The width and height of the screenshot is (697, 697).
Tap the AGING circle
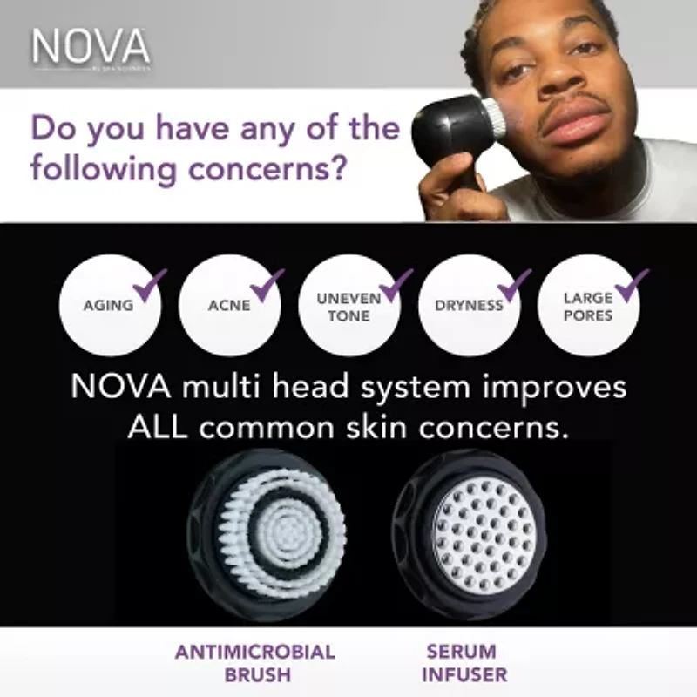tap(108, 306)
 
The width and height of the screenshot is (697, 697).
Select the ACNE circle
tap(229, 306)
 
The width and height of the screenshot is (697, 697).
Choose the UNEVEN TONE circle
tap(348, 306)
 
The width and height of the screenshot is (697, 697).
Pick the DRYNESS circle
tap(469, 306)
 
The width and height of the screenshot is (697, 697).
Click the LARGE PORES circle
tap(588, 306)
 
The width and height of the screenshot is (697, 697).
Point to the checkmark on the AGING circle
tap(151, 284)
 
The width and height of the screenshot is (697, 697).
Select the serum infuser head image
tap(476, 534)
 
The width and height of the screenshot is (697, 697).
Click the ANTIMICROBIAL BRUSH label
tap(255, 663)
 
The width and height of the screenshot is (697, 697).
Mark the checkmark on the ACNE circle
tap(267, 284)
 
